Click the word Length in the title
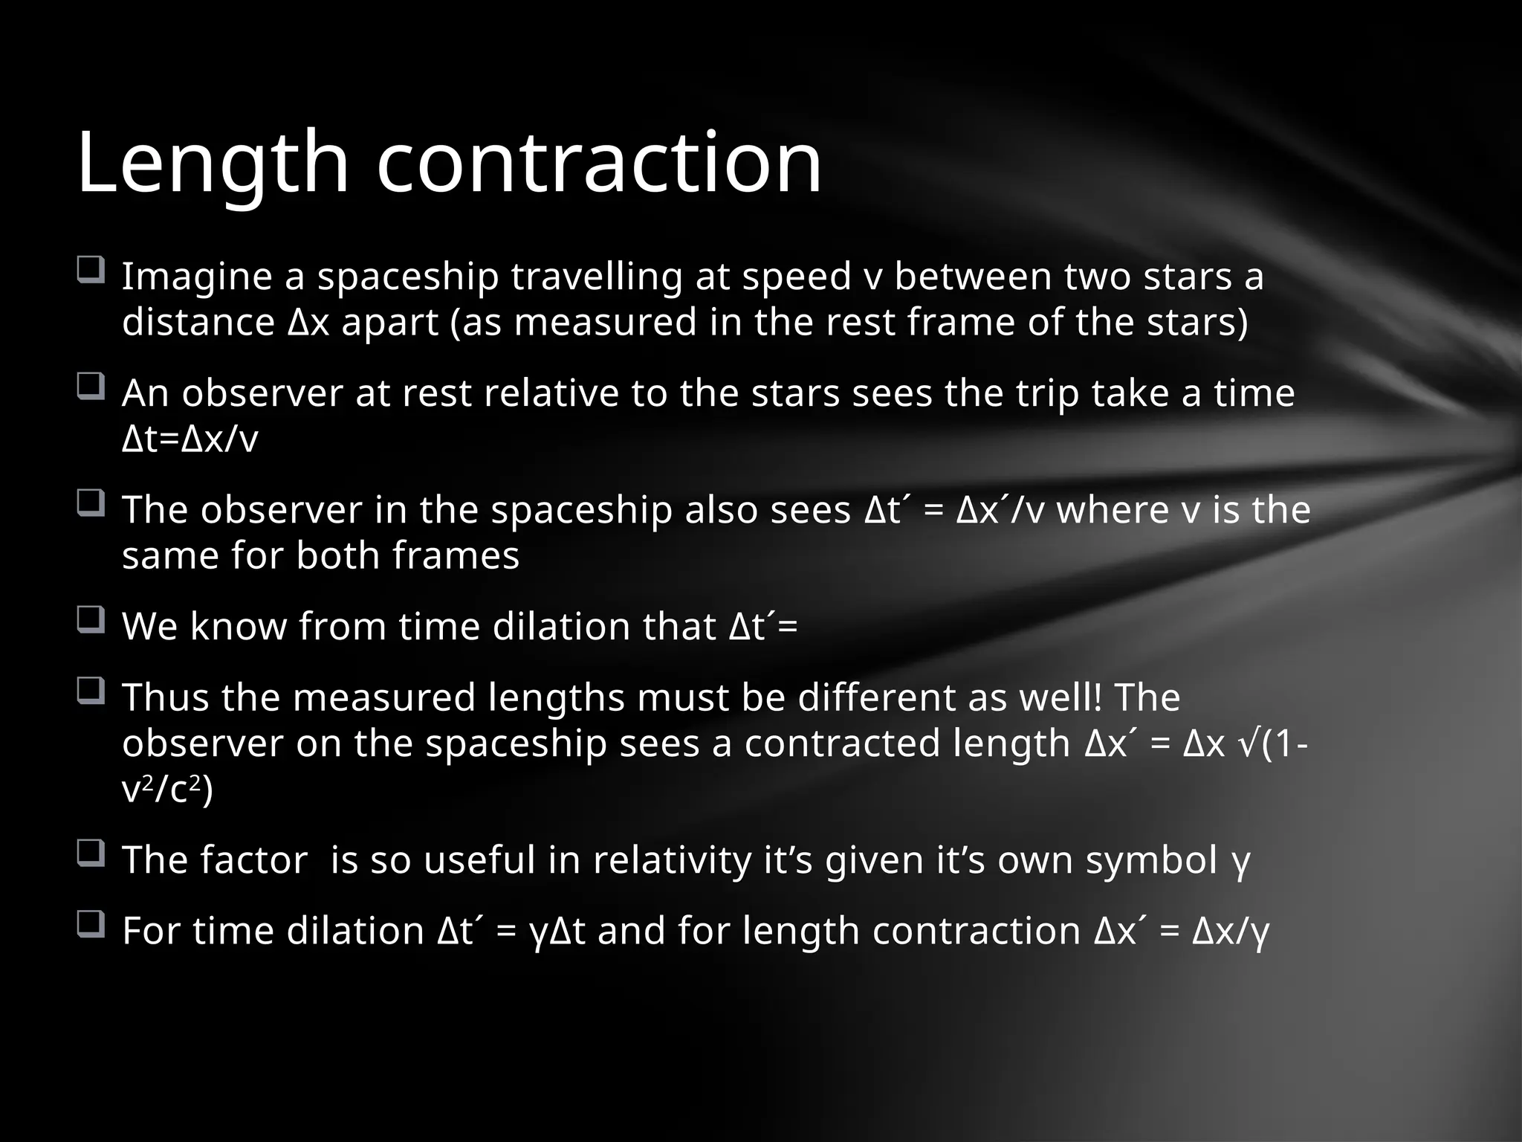213,162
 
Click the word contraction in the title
599,162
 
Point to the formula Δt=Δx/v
190,439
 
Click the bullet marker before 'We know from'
90,619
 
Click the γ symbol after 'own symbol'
1240,862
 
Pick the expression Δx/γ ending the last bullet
1230,931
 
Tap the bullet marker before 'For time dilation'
90,923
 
